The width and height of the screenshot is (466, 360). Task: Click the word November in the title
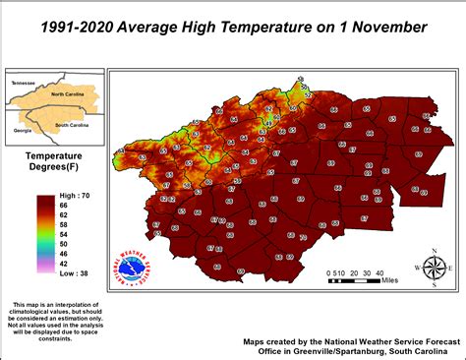point(385,27)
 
